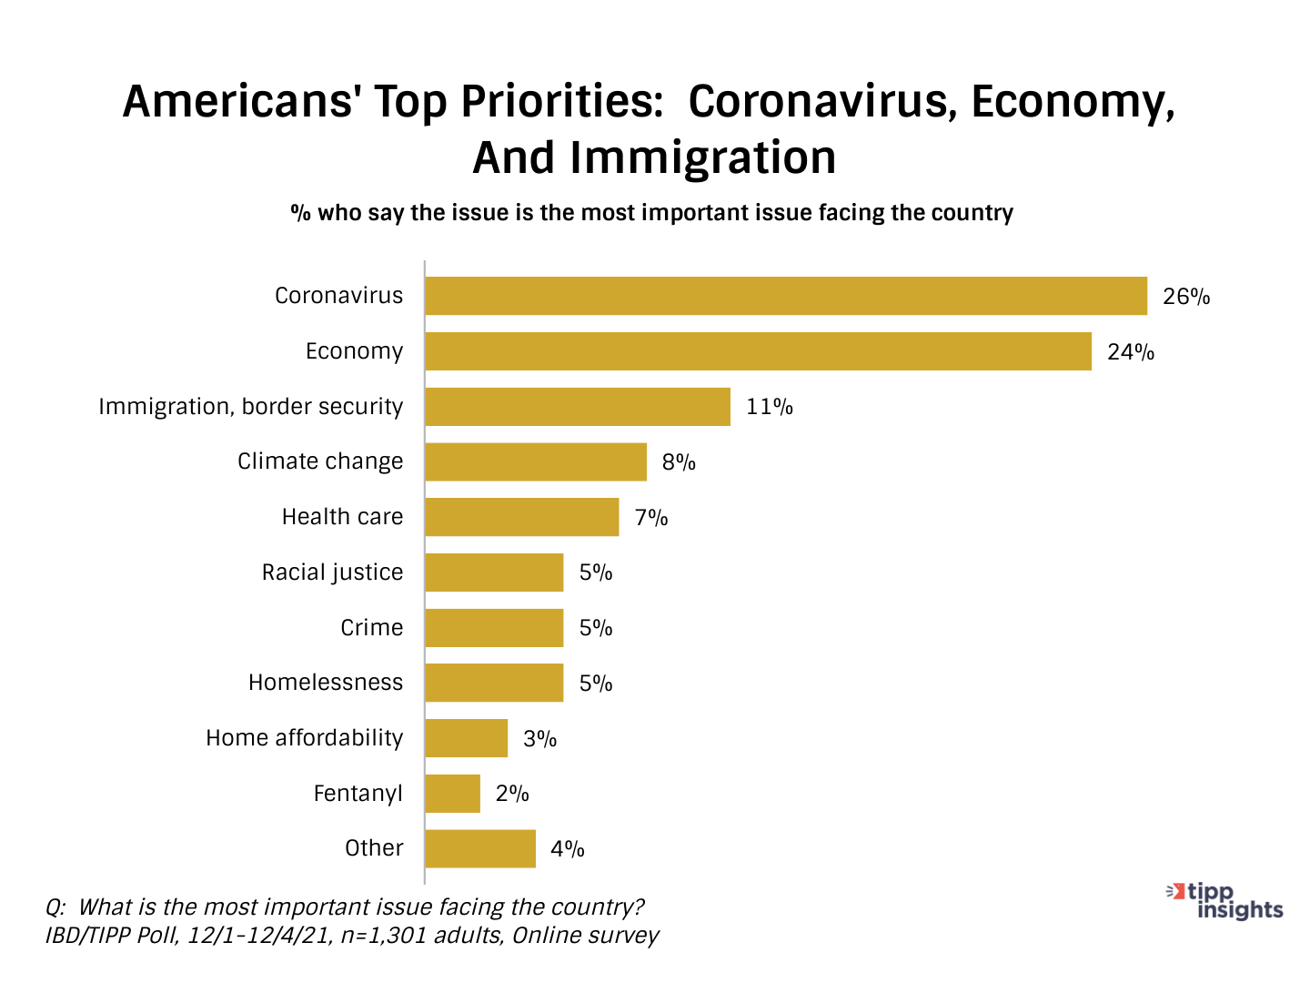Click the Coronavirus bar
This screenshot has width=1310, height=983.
pyautogui.click(x=786, y=296)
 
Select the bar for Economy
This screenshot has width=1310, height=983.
pyautogui.click(x=758, y=351)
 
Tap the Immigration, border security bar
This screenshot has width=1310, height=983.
pyautogui.click(x=578, y=407)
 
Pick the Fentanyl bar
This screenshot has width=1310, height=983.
pyautogui.click(x=452, y=794)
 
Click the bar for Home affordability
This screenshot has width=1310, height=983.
pyautogui.click(x=466, y=738)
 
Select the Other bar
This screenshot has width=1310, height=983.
pyautogui.click(x=480, y=848)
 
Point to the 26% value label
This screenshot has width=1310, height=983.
pyautogui.click(x=1185, y=297)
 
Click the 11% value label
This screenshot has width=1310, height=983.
pyautogui.click(x=769, y=407)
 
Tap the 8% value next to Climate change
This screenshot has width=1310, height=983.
pyautogui.click(x=679, y=462)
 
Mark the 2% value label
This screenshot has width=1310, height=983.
pyautogui.click(x=512, y=794)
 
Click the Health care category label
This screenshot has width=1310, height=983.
pyautogui.click(x=342, y=517)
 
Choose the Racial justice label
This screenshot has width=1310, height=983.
pyautogui.click(x=332, y=573)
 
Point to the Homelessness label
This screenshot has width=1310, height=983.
pyautogui.click(x=326, y=683)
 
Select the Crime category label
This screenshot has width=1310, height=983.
pyautogui.click(x=371, y=628)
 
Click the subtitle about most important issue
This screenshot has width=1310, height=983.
pyautogui.click(x=651, y=213)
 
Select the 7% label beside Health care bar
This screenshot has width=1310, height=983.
pyautogui.click(x=651, y=518)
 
